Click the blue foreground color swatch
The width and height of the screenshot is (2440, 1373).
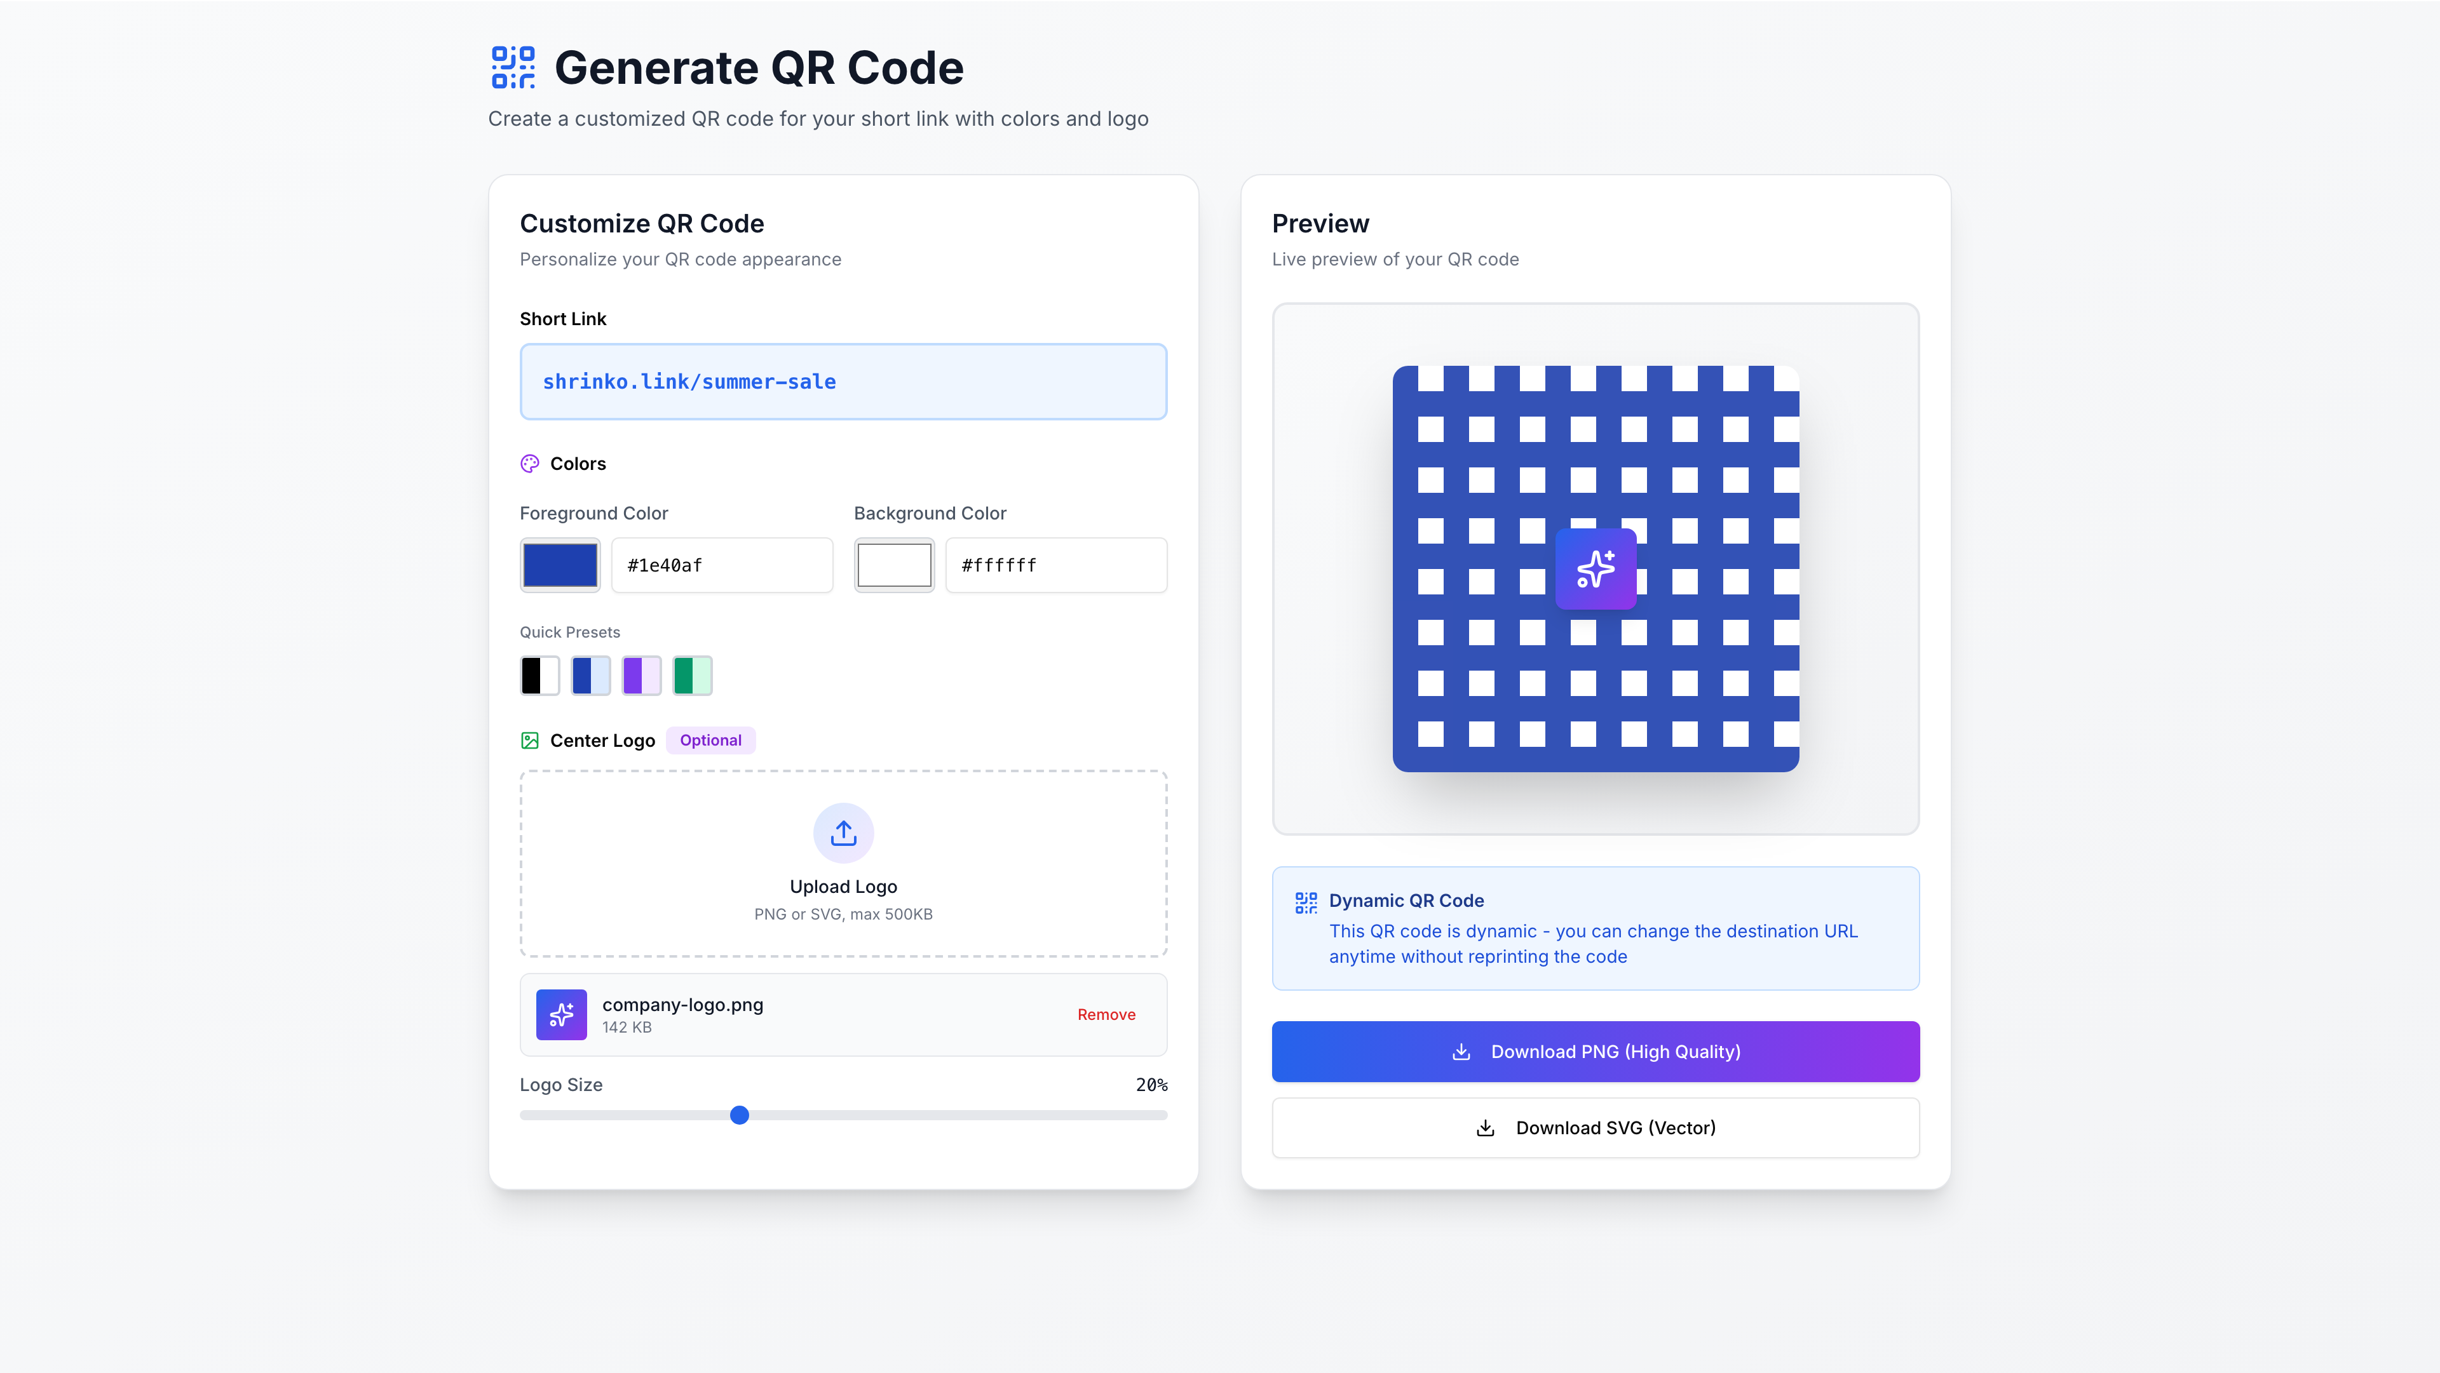coord(560,565)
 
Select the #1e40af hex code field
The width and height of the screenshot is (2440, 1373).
coord(722,565)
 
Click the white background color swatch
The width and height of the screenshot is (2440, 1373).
coord(893,565)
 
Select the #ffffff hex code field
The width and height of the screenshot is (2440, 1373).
coord(1055,565)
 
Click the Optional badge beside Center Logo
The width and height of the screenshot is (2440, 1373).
coord(710,740)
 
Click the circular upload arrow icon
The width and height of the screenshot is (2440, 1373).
coord(843,833)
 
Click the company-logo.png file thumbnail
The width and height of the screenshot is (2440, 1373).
coord(560,1014)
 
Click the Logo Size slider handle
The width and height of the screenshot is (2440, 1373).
coord(740,1115)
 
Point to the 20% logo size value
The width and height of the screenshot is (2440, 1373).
coord(1151,1085)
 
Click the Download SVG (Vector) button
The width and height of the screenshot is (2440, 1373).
coord(1595,1128)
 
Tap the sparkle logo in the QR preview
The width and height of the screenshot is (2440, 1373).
coord(1595,569)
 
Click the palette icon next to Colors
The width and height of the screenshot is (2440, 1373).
coord(529,464)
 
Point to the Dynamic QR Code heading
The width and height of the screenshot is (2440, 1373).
coord(1406,901)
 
